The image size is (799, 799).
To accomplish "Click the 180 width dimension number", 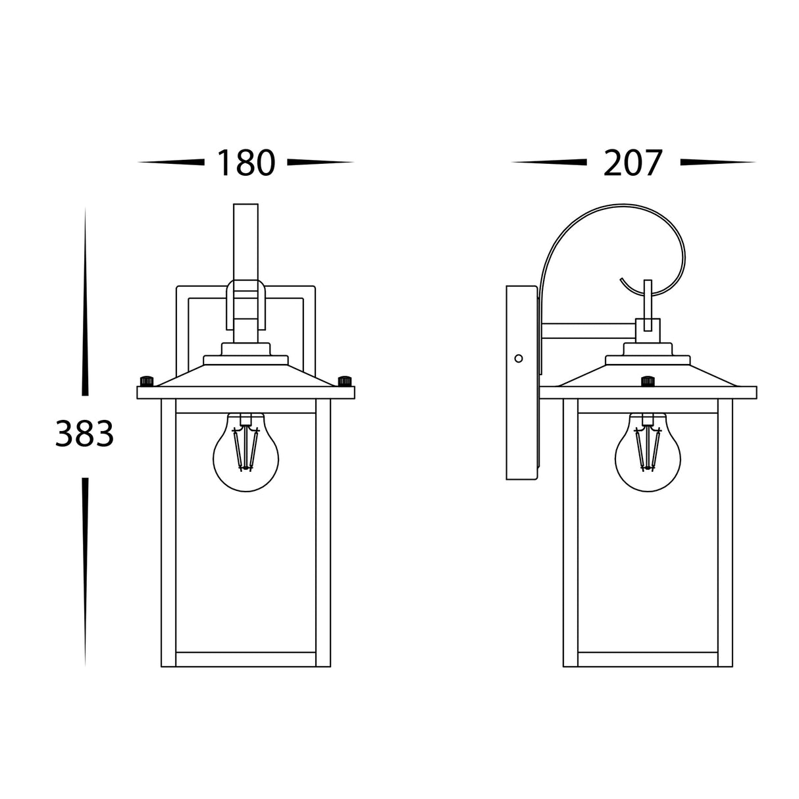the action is [246, 162].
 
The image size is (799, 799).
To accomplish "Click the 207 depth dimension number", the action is [632, 162].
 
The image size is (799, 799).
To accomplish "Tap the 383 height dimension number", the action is [85, 433].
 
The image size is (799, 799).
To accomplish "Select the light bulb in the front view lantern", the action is [246, 452].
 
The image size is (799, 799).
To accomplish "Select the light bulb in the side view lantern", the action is [648, 452].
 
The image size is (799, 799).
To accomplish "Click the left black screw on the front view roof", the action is [147, 381].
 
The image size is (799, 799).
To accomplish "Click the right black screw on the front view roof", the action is [345, 381].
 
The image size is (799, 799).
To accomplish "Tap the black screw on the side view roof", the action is [648, 381].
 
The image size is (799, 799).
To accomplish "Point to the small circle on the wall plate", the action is [518, 358].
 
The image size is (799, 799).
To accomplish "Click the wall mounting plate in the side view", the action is [522, 382].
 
